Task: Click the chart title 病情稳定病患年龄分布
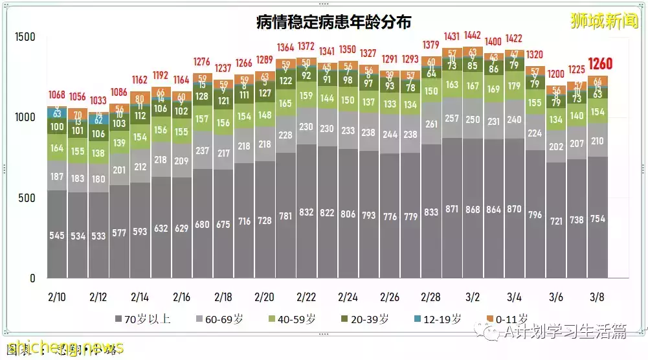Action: (x=334, y=22)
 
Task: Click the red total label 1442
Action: (x=473, y=36)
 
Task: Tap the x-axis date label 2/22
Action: (x=306, y=297)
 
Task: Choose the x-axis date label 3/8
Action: (x=596, y=297)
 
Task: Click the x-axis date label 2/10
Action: (x=56, y=297)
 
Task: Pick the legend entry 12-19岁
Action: (x=438, y=319)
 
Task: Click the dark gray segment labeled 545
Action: (x=57, y=236)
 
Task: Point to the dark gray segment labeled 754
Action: (x=598, y=219)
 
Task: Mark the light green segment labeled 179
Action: (x=514, y=86)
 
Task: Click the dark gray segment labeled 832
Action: (x=306, y=212)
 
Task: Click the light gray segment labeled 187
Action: (x=57, y=176)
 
